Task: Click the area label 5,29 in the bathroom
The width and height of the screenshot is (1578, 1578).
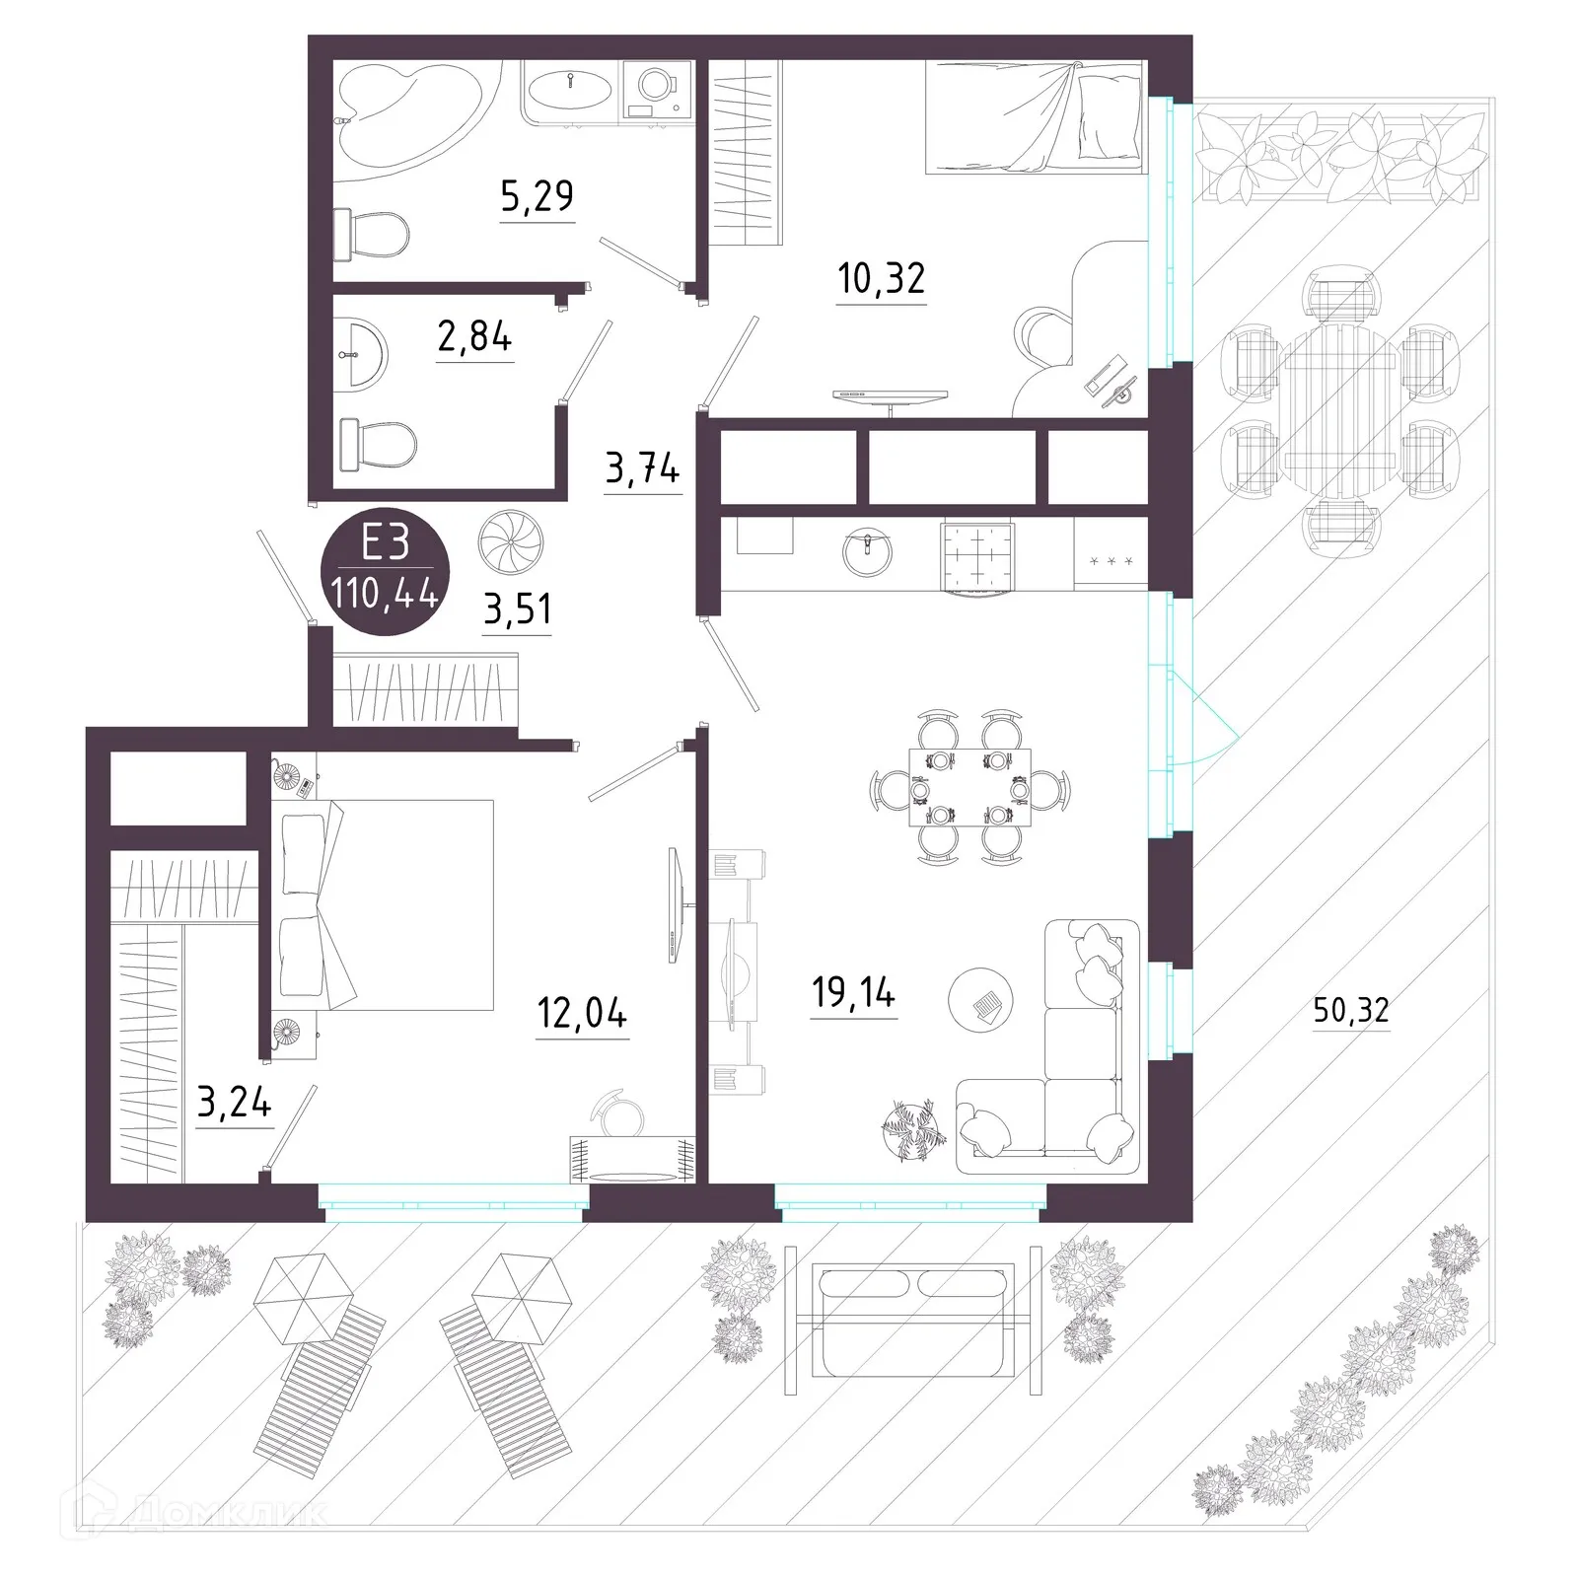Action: [537, 196]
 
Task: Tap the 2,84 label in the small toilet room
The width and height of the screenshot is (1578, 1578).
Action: [474, 337]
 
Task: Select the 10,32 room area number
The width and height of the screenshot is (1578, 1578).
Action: [881, 279]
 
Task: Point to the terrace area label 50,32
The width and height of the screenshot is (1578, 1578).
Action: [1351, 1009]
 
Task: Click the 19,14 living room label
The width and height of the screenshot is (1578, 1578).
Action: [853, 993]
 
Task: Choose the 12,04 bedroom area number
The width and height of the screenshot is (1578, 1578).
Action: [582, 1013]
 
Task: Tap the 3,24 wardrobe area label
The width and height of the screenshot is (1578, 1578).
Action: [234, 1102]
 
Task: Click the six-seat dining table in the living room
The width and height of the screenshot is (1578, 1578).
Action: [969, 787]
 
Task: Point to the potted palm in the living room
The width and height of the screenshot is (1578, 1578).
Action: [913, 1128]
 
